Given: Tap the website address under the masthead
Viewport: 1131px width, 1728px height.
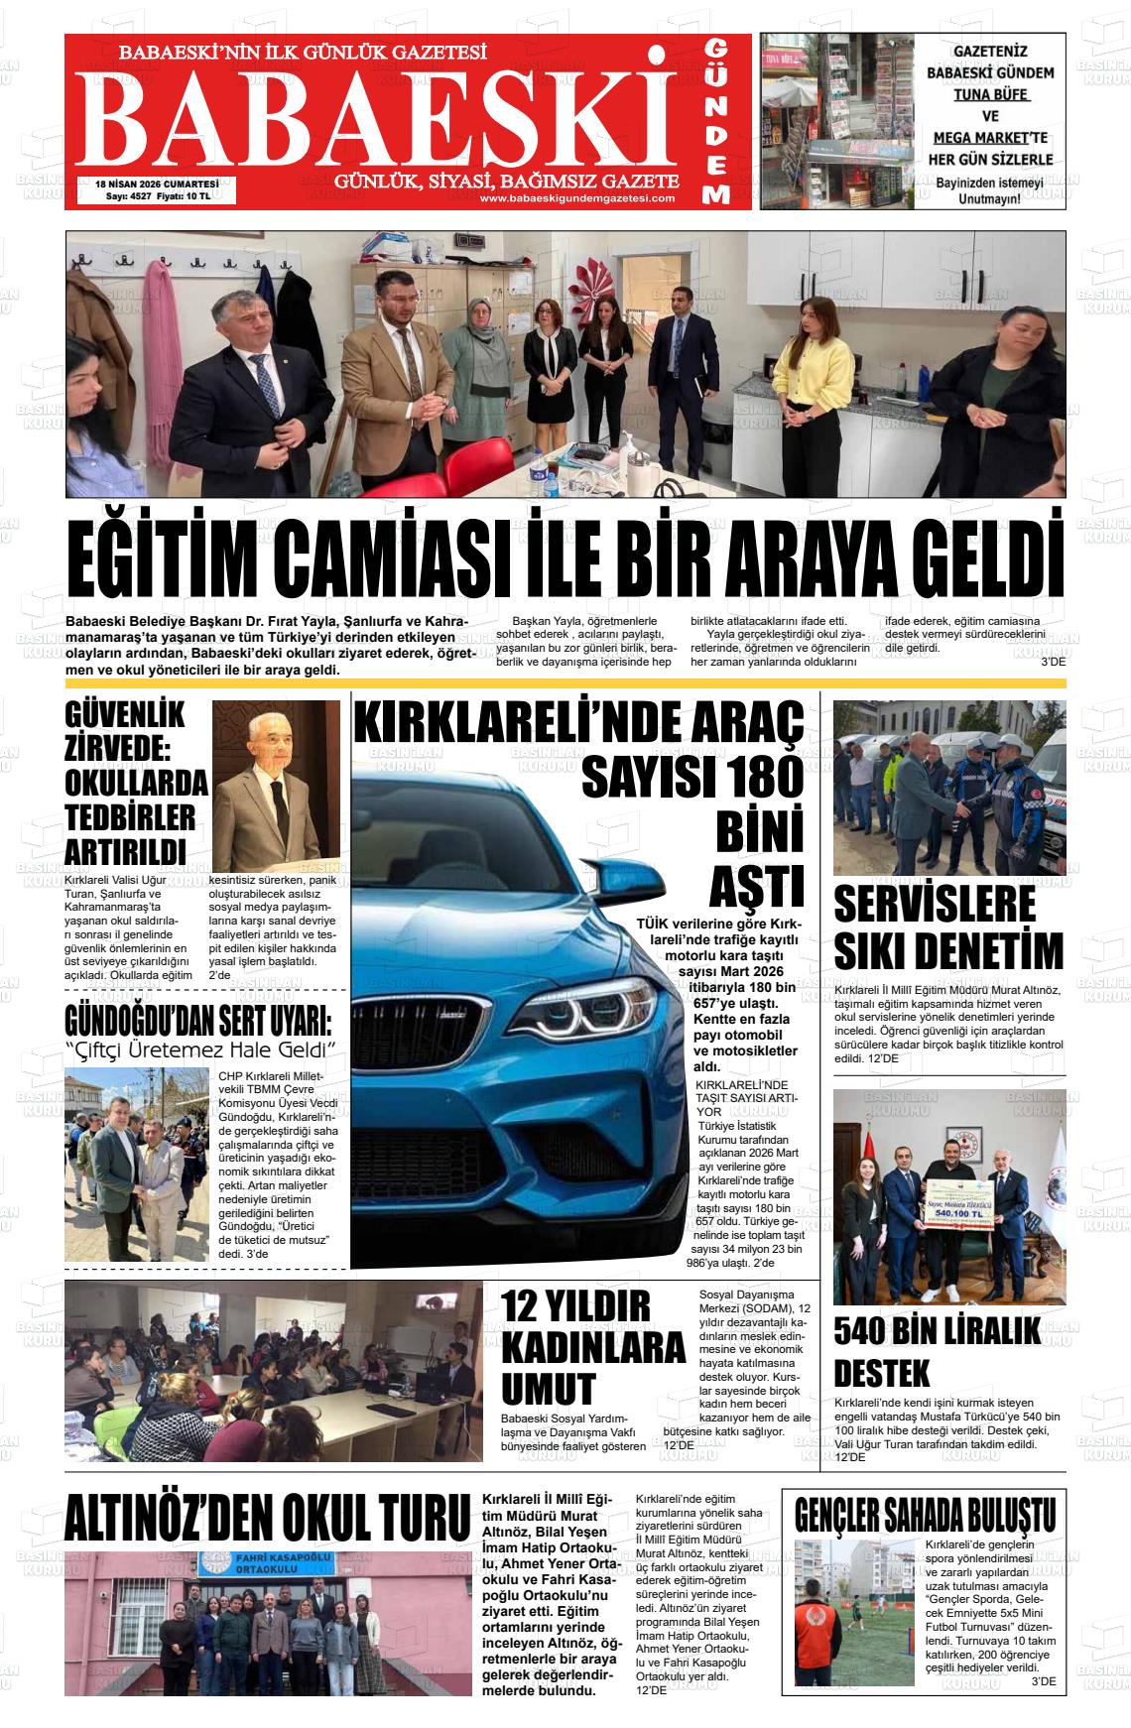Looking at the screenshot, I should [576, 198].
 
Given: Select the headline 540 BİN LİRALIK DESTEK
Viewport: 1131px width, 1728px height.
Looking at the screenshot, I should [937, 1351].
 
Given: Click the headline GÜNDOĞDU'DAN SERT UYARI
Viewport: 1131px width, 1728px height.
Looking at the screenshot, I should [198, 1021].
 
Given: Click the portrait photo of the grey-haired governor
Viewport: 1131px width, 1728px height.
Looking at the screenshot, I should [276, 784].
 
